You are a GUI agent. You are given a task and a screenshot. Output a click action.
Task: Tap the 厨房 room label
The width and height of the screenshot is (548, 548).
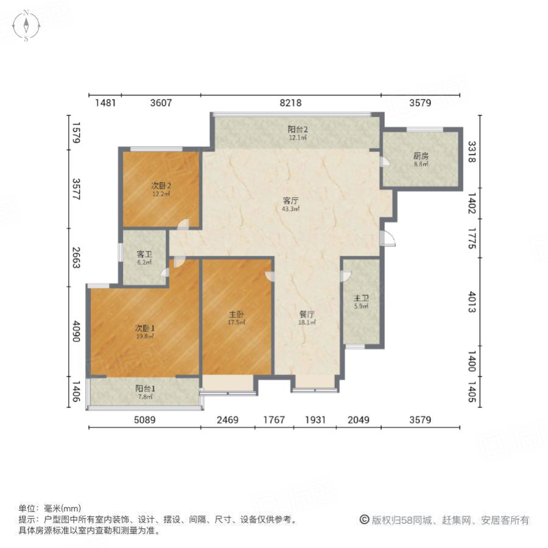coord(421,155)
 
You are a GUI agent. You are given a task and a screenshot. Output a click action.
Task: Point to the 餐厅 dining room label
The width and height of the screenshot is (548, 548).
coord(307,315)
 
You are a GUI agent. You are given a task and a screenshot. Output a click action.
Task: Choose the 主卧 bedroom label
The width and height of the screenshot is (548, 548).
coord(236,315)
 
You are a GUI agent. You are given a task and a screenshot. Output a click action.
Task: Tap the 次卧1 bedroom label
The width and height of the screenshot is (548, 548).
coord(144,328)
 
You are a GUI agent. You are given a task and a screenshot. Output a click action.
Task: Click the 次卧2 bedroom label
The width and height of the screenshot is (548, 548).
coord(161,186)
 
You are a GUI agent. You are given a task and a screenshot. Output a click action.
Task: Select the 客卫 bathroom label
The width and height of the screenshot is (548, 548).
coord(144,254)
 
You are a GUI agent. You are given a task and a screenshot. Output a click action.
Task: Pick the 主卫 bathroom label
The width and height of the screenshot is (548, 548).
coord(362,298)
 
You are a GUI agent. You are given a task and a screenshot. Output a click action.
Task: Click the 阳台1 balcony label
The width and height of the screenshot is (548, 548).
coord(144,388)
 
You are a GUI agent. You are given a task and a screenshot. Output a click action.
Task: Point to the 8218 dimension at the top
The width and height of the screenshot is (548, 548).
coord(290,103)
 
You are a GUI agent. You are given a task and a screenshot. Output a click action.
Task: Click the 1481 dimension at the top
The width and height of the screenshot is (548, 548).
coord(105,103)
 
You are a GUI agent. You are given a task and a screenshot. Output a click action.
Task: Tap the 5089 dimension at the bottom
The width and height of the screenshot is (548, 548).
coord(144,420)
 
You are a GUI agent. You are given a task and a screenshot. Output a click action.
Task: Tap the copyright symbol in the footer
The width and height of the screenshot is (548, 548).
coord(364,520)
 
